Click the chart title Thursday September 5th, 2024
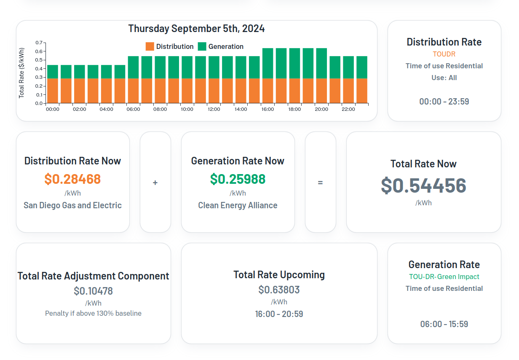click(196, 29)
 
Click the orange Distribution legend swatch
click(150, 46)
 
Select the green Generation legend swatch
click(202, 46)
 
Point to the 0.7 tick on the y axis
click(39, 43)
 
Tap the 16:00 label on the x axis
click(268, 109)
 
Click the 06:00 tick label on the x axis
click(133, 109)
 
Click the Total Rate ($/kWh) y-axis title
click(21, 73)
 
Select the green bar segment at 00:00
click(53, 72)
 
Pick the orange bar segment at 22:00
click(348, 91)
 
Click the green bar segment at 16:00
click(268, 63)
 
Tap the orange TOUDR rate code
click(444, 54)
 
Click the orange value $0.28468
click(72, 179)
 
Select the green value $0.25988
click(238, 179)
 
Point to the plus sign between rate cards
click(155, 183)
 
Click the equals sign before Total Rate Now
click(320, 183)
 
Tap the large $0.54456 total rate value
click(423, 185)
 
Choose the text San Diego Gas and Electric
click(72, 205)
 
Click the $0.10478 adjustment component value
click(93, 291)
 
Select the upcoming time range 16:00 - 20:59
click(279, 314)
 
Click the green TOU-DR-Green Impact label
click(444, 277)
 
